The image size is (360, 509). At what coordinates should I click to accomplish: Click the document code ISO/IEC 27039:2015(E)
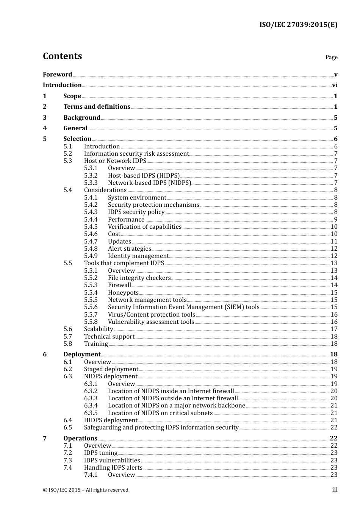[x=298, y=25]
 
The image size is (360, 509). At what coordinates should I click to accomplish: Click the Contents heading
[x=62, y=56]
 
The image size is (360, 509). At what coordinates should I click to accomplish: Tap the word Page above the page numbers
[x=331, y=57]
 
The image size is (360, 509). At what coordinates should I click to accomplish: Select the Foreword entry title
[x=57, y=75]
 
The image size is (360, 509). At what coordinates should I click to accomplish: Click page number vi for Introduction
[x=335, y=85]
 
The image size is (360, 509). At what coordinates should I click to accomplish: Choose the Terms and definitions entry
[x=97, y=107]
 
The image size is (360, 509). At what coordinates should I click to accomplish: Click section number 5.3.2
[x=91, y=175]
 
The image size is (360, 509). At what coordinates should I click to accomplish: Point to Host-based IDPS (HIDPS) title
[x=144, y=175]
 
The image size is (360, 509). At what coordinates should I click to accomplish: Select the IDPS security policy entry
[x=136, y=212]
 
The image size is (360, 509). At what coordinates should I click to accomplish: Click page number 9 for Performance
[x=335, y=219]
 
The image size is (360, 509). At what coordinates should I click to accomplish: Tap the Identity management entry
[x=138, y=256]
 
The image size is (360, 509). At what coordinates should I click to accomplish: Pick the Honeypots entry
[x=123, y=292]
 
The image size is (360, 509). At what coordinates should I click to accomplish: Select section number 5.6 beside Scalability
[x=67, y=329]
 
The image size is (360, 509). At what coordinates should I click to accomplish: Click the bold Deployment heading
[x=82, y=354]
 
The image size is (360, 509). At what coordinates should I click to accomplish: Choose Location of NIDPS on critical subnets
[x=160, y=413]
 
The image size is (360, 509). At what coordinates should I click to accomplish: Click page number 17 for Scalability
[x=334, y=329]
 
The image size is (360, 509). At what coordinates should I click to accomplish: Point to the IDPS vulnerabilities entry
[x=112, y=461]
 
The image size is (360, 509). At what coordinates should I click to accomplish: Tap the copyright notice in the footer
[x=86, y=490]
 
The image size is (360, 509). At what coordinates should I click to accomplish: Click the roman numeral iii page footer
[x=335, y=490]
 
